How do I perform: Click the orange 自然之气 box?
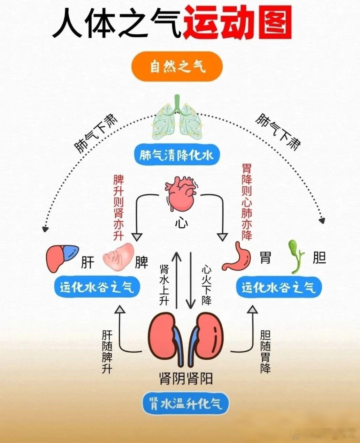pos(177,66)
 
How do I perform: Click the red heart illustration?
pos(181,194)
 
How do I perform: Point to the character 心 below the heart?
pos(181,222)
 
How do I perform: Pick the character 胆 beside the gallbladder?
pos(319,258)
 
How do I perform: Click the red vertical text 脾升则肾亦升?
pos(119,208)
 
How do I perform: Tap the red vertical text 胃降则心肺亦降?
pos(247,202)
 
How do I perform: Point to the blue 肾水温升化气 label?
pos(186,404)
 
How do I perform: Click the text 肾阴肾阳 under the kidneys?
pos(186,378)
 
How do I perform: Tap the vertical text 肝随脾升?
pos(107,352)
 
